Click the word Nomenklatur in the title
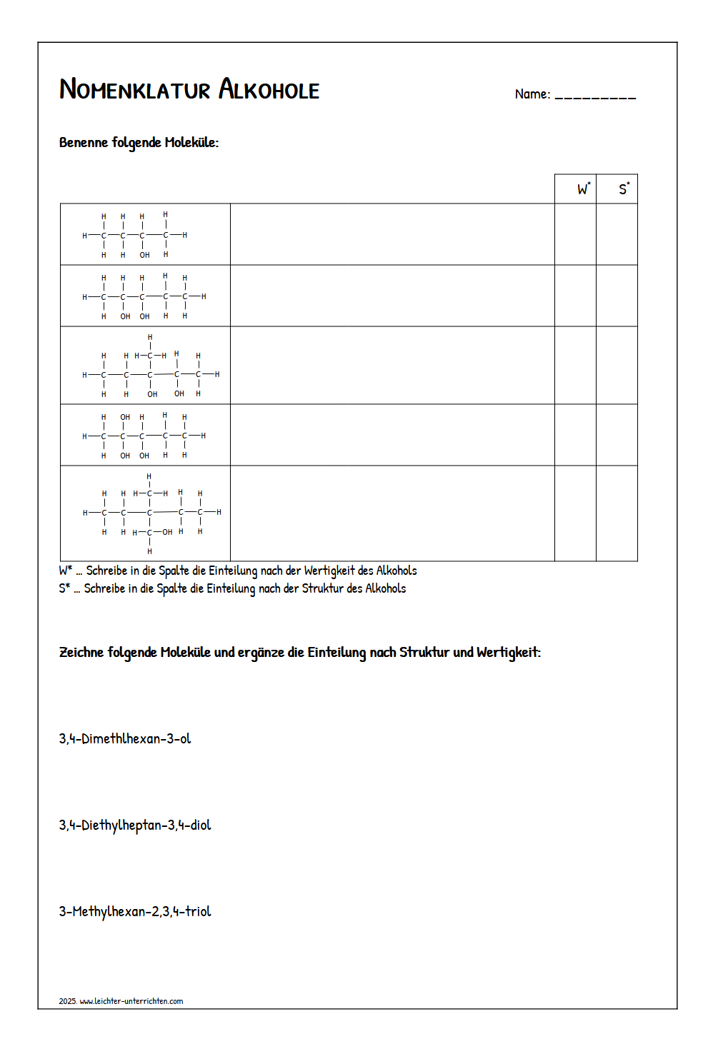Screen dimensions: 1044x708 (134, 90)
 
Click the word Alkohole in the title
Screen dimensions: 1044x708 (269, 90)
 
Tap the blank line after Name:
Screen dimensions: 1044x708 (595, 96)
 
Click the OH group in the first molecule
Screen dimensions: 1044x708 (145, 255)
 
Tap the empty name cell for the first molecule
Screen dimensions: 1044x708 (392, 234)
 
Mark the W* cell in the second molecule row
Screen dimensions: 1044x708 (575, 296)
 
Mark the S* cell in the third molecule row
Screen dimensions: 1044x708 (617, 366)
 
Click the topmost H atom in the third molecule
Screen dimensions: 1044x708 (150, 337)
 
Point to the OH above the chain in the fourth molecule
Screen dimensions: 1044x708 (125, 417)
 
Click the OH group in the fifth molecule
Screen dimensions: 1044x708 (167, 532)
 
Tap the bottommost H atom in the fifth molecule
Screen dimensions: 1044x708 (149, 551)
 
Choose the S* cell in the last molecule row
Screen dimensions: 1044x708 (617, 513)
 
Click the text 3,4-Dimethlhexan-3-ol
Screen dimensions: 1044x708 (125, 738)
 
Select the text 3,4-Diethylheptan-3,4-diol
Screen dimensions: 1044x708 (135, 825)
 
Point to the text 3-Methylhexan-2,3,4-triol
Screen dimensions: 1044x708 (135, 911)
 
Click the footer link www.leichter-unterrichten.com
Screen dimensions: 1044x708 (131, 1001)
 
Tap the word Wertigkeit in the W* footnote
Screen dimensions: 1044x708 (329, 571)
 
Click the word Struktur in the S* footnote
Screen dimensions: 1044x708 (323, 588)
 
